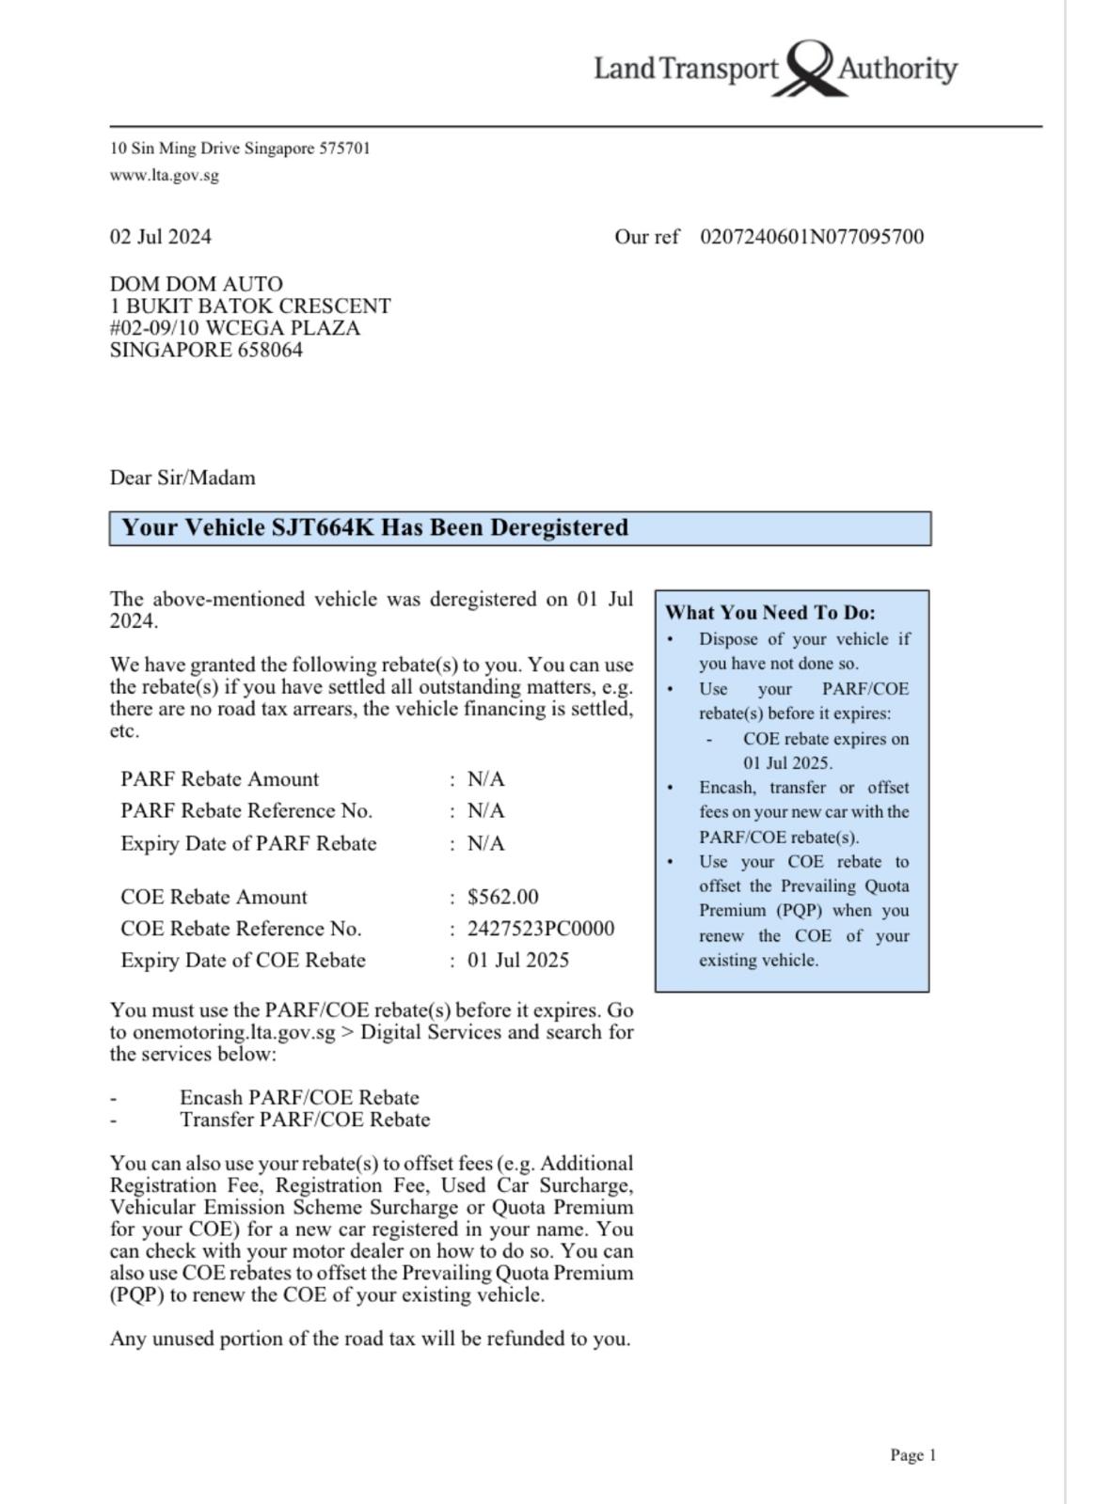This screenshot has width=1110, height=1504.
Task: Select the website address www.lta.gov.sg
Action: point(165,175)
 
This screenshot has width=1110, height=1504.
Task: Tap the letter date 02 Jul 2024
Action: point(161,237)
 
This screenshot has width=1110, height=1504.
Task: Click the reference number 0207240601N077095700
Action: point(812,237)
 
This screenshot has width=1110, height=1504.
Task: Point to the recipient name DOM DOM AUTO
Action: point(197,284)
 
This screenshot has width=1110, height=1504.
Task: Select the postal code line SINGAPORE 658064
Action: point(206,351)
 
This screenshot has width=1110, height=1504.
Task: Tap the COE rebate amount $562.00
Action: point(502,897)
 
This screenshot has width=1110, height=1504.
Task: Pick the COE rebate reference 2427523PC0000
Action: point(541,929)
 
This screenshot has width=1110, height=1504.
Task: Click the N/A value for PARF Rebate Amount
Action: point(485,779)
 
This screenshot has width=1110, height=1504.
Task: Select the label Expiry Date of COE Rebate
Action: point(243,961)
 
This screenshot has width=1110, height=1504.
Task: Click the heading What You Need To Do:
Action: point(770,613)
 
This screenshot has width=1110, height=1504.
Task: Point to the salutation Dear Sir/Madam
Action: point(182,478)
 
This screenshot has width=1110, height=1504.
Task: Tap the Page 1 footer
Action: point(913,1455)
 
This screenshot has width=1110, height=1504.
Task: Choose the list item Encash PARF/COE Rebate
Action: point(299,1098)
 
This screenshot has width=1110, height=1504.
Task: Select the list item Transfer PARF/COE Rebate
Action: point(305,1120)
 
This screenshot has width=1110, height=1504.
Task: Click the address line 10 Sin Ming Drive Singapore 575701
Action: point(240,149)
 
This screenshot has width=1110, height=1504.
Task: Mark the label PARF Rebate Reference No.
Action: point(246,811)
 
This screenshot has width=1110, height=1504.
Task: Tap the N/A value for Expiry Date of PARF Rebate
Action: point(485,844)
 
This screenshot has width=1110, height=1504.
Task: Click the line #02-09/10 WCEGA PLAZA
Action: point(235,328)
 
